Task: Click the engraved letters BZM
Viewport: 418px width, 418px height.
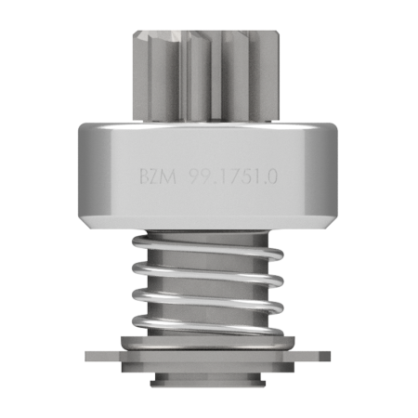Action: click(x=158, y=177)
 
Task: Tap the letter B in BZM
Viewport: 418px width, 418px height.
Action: click(x=144, y=177)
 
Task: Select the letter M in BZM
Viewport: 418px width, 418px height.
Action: click(x=169, y=177)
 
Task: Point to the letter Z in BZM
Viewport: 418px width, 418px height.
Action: click(x=155, y=177)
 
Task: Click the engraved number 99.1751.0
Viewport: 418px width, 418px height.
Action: click(x=233, y=177)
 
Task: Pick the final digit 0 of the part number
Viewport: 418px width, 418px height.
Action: click(x=271, y=177)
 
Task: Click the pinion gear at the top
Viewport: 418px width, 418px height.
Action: click(x=205, y=76)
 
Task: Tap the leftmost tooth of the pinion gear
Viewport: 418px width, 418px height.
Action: click(x=140, y=76)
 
